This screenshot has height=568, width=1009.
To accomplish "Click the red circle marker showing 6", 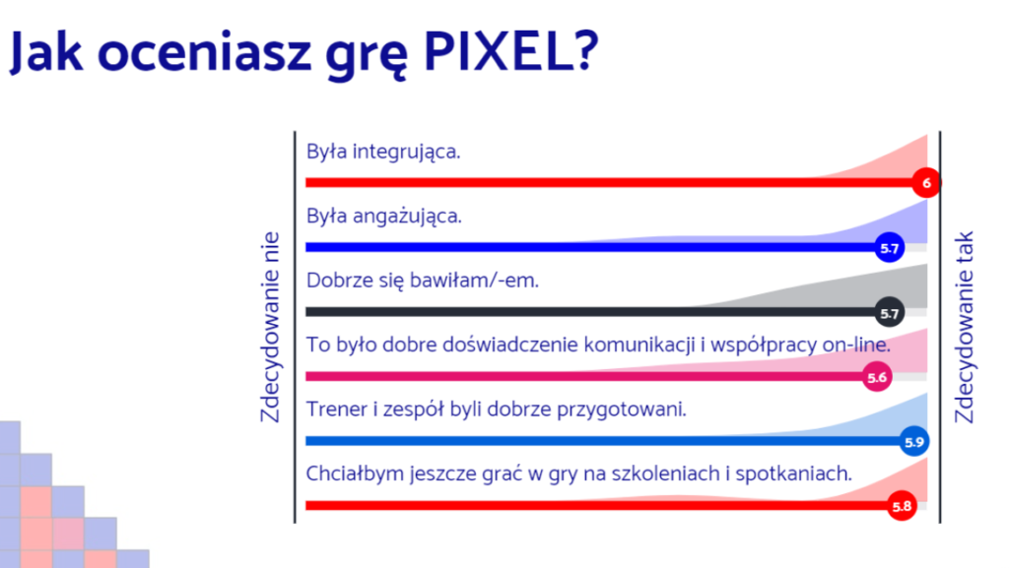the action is tap(926, 183).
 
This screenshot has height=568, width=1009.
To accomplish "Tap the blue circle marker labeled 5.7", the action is tap(890, 247).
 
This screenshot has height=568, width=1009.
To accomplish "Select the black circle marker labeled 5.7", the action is tap(890, 313).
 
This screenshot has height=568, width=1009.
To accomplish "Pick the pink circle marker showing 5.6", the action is tap(877, 377).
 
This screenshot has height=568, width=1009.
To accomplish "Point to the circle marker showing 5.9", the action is tap(913, 441).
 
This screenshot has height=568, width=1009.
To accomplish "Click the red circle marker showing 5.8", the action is tap(902, 506).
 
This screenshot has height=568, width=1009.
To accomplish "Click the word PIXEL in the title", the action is tap(497, 51).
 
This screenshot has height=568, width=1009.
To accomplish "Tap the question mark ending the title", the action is tap(585, 51).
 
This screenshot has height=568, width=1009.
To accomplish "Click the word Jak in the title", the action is tap(46, 53).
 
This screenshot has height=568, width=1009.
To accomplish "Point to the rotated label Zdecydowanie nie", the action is tap(270, 327).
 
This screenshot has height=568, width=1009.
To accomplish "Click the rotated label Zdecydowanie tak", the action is tap(964, 327).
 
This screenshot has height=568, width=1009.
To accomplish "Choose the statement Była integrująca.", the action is tap(383, 153).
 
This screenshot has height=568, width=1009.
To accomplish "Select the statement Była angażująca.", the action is tap(384, 217).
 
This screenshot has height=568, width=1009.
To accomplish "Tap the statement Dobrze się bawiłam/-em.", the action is tap(423, 281).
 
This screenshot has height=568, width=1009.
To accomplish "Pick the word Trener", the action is tap(337, 410).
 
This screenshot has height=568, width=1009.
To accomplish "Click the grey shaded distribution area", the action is tap(837, 293).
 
